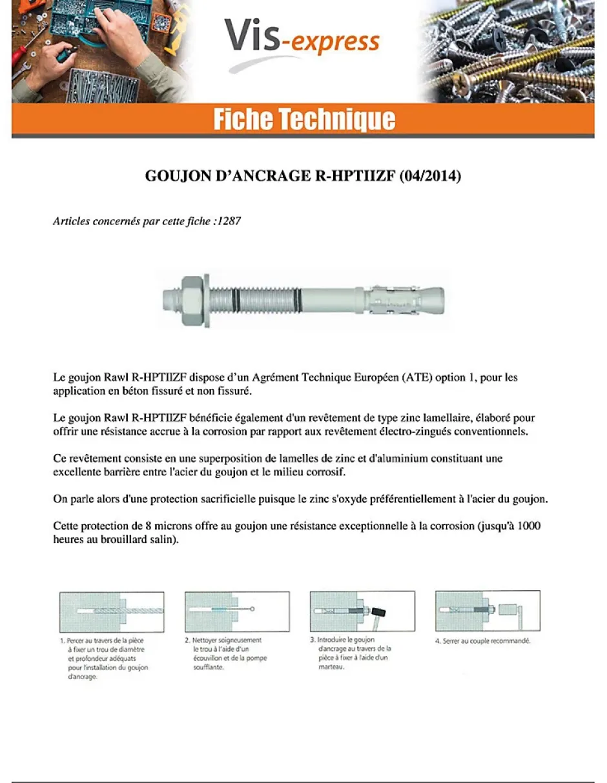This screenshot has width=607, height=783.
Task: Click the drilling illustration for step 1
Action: pyautogui.click(x=112, y=611)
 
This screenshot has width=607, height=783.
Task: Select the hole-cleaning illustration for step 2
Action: pyautogui.click(x=236, y=611)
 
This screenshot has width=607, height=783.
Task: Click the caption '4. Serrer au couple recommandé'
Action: pyautogui.click(x=483, y=641)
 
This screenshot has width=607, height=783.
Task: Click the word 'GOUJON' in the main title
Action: pyautogui.click(x=174, y=176)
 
